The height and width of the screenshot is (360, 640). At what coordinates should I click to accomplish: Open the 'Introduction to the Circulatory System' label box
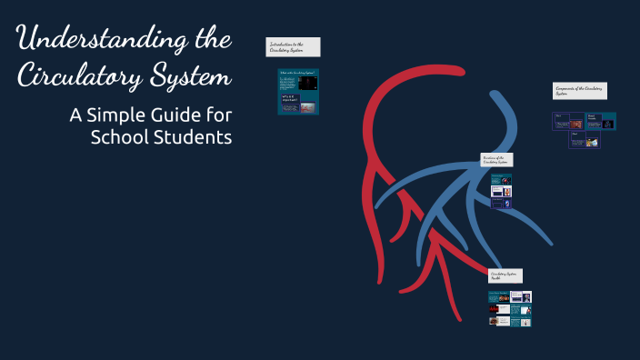[x=293, y=46]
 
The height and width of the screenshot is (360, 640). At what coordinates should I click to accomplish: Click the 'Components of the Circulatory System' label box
[x=580, y=91]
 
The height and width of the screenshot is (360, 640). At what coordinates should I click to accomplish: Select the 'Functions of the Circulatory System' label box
[x=496, y=160]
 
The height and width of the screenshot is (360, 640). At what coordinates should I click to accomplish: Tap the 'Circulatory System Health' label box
[x=505, y=275]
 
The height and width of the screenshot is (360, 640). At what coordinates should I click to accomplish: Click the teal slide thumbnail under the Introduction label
[x=297, y=91]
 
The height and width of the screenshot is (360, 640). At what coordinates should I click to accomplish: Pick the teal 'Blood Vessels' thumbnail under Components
[x=602, y=121]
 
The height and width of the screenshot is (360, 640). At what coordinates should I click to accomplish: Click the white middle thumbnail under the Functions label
[x=501, y=191]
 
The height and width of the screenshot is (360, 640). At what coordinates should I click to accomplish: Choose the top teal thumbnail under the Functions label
[x=501, y=178]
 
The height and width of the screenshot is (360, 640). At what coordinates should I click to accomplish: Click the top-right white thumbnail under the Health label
[x=521, y=296]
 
